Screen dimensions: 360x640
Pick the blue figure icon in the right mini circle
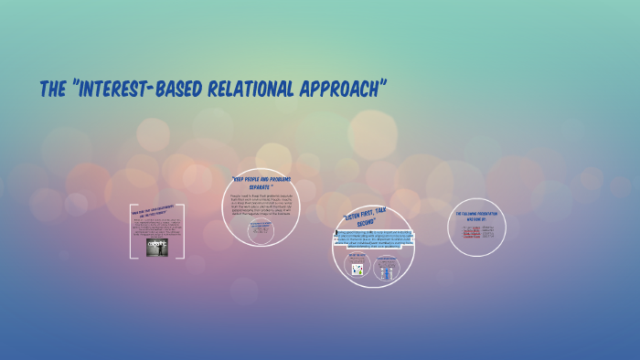pos(386,270)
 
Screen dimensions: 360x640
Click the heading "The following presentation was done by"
pos(478,217)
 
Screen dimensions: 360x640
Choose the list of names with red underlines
pos(478,231)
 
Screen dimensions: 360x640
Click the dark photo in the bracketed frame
pos(157,247)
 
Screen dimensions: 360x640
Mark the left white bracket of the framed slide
pos(133,232)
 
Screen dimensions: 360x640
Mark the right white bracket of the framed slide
pos(183,232)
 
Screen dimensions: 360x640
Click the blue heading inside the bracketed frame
pos(157,211)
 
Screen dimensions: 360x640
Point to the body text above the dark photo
pos(157,228)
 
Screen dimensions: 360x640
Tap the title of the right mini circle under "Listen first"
pos(386,258)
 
